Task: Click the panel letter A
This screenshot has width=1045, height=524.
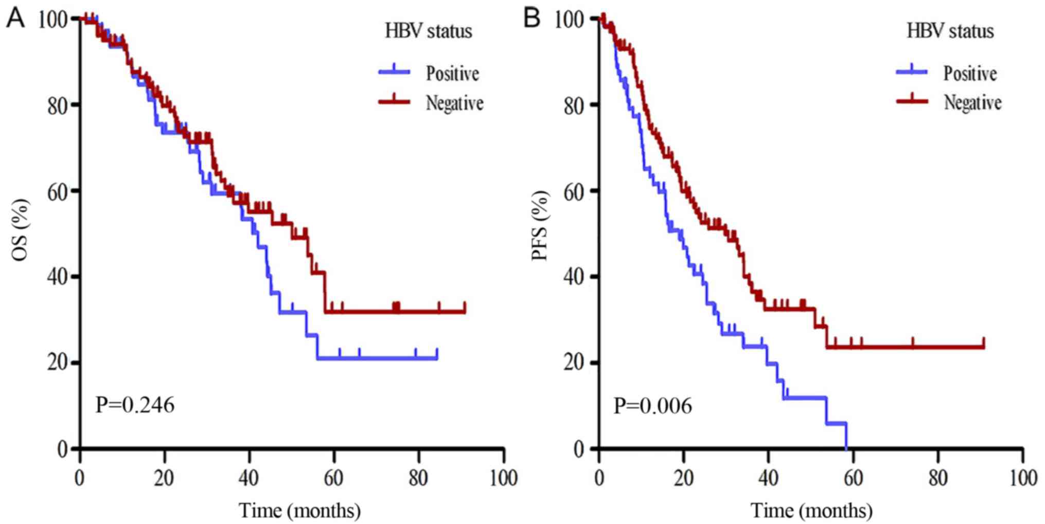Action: pos(15,19)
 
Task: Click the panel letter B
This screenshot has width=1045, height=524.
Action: pos(532,19)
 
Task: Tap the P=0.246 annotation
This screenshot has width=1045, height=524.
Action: pos(135,405)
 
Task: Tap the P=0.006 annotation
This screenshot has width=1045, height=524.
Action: pos(652,406)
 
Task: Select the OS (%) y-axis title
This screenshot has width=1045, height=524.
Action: pos(21,230)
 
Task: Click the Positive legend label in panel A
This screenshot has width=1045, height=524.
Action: pos(452,74)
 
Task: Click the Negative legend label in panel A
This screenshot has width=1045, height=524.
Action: pos(454,103)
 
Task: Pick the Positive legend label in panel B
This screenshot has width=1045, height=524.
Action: pos(970,74)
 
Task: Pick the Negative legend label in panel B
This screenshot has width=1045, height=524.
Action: pos(972,102)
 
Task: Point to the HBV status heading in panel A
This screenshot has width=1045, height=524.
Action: pos(429,31)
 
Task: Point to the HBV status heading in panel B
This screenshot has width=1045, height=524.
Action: pos(950,31)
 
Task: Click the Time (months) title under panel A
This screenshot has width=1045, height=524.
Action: pos(299,511)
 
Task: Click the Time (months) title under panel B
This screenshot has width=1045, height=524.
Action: pos(811,511)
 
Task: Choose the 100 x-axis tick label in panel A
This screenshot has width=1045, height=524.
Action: pos(503,478)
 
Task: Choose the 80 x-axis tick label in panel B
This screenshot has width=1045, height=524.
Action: pos(937,478)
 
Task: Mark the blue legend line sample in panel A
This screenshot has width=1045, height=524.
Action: pos(395,72)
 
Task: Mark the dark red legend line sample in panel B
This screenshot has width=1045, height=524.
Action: pos(912,101)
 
